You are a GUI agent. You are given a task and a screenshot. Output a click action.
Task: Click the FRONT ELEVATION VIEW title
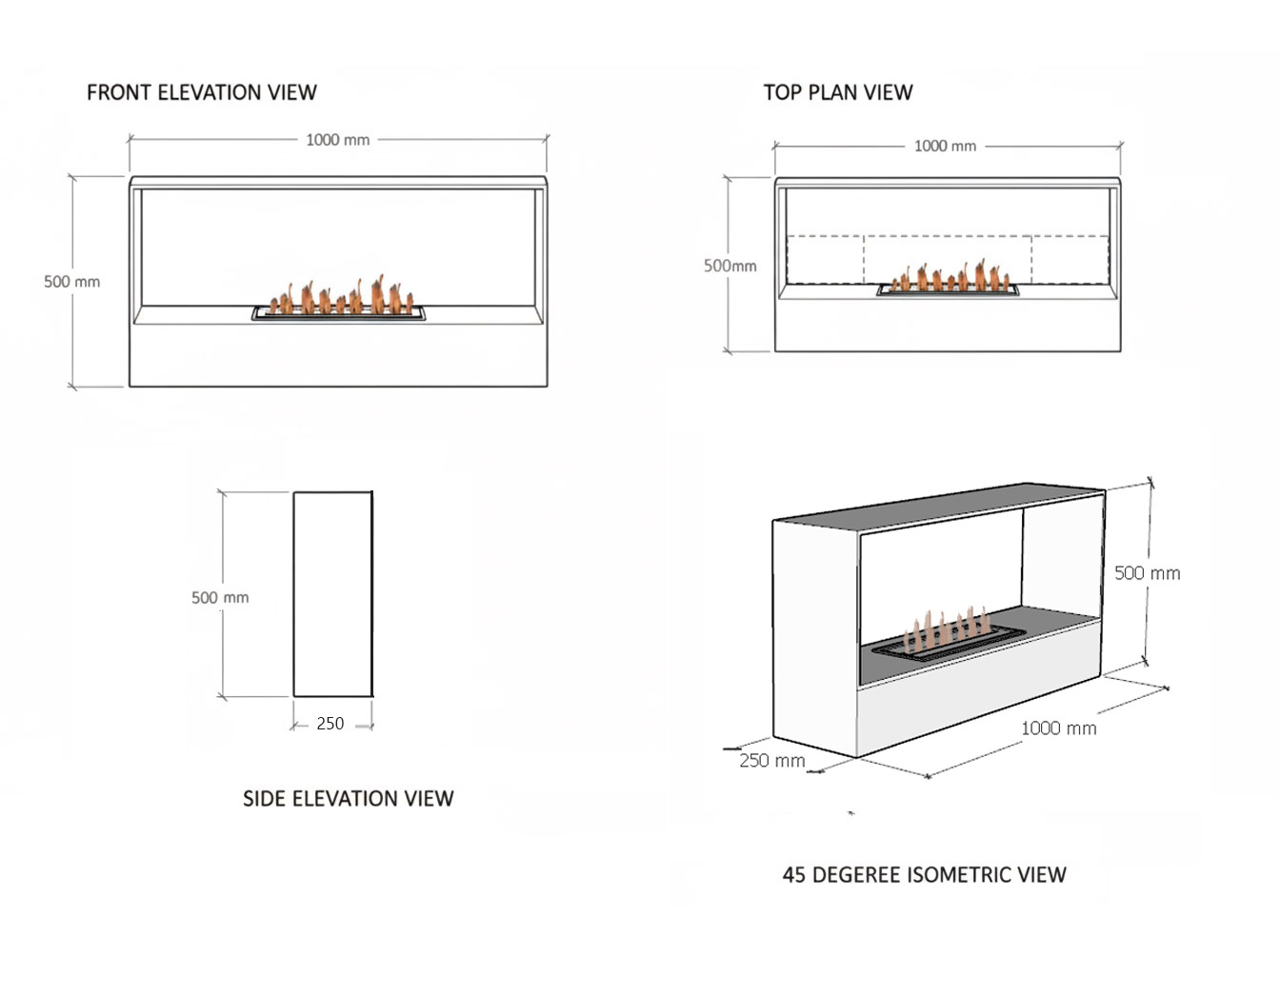point(201,92)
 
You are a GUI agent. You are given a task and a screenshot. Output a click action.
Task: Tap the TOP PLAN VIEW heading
point(837,92)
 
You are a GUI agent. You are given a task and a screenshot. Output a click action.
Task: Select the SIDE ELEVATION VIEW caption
point(348,799)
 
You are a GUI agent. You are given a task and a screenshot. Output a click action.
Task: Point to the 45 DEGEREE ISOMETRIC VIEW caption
point(924,875)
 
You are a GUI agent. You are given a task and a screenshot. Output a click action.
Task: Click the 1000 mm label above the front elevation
point(337,140)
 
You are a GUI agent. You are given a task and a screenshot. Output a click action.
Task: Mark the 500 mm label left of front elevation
point(71,282)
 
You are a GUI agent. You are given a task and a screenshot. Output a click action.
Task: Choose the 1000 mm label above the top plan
point(945,146)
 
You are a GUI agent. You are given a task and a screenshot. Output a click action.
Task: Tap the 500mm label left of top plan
point(730,266)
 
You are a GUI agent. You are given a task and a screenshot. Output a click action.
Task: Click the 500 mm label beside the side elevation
point(220,598)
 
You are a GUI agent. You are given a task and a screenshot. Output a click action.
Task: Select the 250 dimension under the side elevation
point(330,724)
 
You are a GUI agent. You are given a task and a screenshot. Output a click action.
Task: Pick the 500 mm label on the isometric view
point(1147,573)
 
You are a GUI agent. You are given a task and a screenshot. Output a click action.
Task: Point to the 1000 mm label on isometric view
point(1058,728)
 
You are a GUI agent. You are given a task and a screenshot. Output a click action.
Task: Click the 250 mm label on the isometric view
point(772,761)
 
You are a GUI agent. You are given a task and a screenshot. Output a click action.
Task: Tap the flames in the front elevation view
point(338,297)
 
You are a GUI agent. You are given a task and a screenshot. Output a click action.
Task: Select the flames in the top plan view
point(948,277)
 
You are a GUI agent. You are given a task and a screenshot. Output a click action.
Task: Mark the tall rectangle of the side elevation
point(332,594)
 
